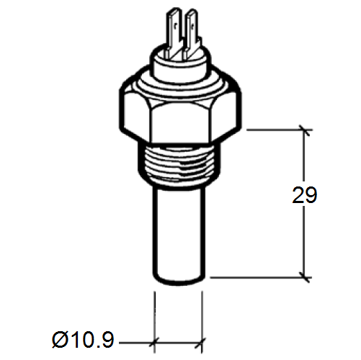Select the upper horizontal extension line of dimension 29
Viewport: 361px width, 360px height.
pyautogui.click(x=274, y=130)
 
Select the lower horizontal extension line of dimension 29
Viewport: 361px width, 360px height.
pyautogui.click(x=259, y=276)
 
